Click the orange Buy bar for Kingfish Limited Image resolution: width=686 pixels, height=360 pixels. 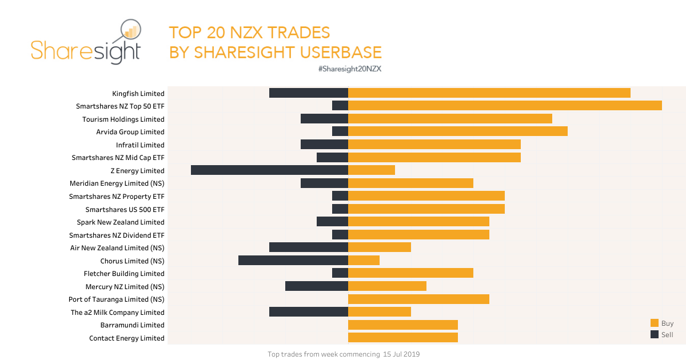click(489, 93)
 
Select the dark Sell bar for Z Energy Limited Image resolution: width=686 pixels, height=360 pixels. click(269, 170)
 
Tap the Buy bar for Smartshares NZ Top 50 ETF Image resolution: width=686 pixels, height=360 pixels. click(505, 106)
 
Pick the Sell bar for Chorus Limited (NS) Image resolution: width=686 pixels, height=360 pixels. click(293, 261)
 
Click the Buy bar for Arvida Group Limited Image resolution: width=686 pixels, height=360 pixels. click(457, 131)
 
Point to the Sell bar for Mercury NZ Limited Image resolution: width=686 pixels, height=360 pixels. click(317, 286)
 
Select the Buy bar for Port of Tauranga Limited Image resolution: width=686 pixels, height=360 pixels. click(418, 299)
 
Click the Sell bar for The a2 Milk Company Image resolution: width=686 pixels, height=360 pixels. click(309, 312)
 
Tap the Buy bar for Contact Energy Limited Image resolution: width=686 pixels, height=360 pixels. click(403, 338)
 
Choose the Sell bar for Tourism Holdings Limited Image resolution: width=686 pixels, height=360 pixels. click(324, 119)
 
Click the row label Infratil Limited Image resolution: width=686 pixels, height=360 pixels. click(140, 145)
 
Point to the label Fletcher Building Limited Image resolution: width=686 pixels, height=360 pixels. click(124, 274)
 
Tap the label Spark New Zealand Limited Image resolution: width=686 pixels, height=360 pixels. click(121, 222)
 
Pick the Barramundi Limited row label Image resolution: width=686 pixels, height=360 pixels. click(132, 325)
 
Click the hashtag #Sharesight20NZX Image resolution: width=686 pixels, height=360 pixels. click(350, 69)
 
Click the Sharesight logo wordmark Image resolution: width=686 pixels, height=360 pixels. click(86, 50)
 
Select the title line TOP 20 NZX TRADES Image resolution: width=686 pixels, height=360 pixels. click(249, 32)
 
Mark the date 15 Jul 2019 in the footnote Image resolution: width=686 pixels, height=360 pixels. click(401, 354)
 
